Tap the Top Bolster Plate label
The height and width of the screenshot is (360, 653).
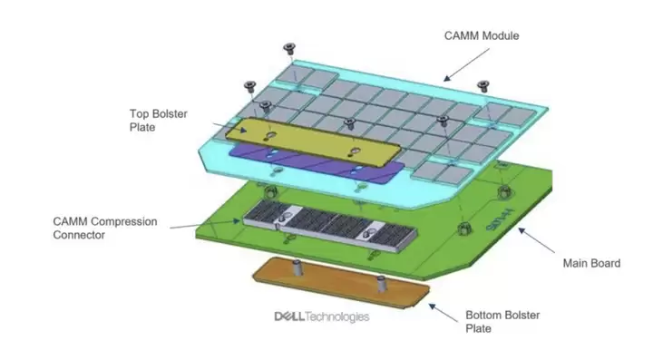pos(156,121)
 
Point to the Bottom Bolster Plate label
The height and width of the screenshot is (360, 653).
pos(504,321)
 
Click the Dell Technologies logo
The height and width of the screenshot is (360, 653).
pos(321,316)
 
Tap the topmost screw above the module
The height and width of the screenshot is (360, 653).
pos(288,47)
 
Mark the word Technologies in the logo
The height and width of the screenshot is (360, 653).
pos(337,316)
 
